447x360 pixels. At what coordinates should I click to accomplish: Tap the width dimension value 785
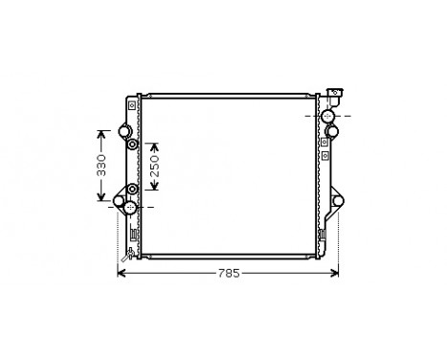[x=227, y=274]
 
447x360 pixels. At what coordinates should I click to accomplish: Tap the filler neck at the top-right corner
[x=331, y=95]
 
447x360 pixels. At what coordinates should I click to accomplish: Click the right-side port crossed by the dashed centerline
[x=329, y=116]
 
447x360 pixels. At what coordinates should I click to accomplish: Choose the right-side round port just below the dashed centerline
[x=329, y=131]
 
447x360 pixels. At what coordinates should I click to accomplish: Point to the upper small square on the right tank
[x=325, y=142]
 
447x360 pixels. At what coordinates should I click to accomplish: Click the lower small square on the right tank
[x=325, y=153]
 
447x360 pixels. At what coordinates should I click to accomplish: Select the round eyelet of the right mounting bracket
[x=338, y=199]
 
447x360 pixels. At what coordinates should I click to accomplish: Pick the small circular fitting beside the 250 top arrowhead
[x=133, y=145]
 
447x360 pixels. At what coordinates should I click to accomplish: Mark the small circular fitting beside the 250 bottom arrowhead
[x=132, y=191]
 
